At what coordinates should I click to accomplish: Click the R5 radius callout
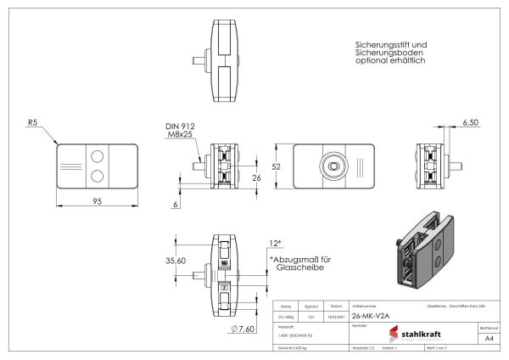tap(33, 122)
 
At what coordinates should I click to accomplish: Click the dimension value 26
tap(256, 177)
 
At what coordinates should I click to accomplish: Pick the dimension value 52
tap(276, 167)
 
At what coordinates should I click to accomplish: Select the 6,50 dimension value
tap(470, 122)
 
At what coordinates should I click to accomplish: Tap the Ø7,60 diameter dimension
tap(243, 328)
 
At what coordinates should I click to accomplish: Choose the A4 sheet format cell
tap(488, 337)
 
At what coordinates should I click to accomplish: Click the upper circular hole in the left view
tap(98, 156)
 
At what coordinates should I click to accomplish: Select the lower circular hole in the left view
tap(98, 175)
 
